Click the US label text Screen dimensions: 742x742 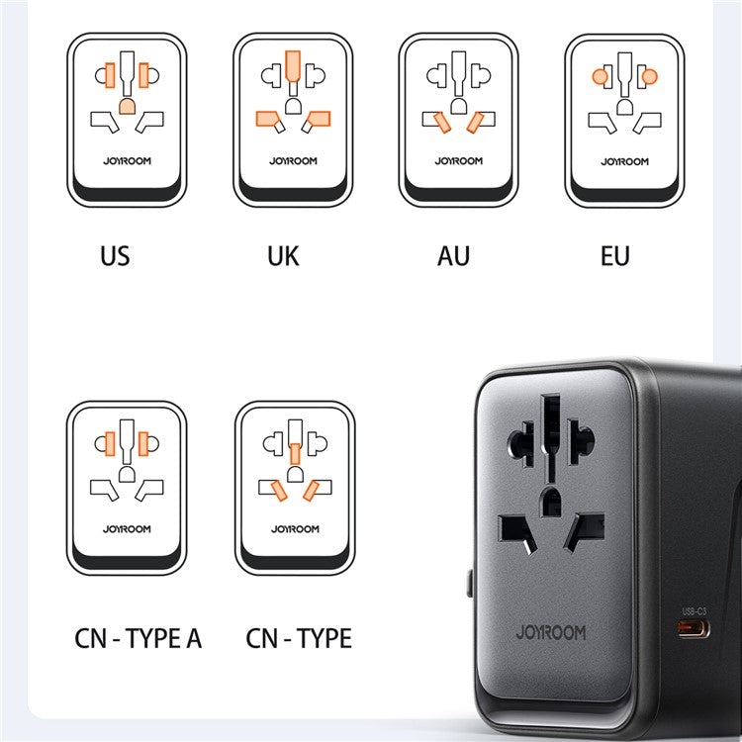click(115, 257)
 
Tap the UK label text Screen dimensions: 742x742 click(282, 257)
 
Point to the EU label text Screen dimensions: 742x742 click(614, 257)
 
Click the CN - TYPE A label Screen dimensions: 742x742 click(139, 638)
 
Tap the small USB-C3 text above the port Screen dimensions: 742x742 click(695, 610)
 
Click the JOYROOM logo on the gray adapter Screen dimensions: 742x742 click(551, 631)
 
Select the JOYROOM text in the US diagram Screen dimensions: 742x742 click(127, 160)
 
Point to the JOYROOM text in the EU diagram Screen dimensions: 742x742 click(625, 160)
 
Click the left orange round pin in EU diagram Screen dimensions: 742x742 click(600, 75)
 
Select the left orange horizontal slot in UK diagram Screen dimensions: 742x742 click(267, 120)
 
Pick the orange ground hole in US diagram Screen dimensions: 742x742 click(127, 106)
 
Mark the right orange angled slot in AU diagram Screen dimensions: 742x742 click(476, 121)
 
